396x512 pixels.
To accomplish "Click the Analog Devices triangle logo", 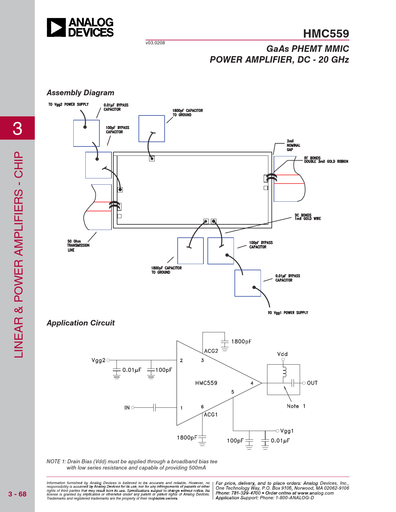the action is coord(56,27).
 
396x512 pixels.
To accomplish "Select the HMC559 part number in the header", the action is coord(326,34).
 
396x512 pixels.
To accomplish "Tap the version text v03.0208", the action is coord(155,43).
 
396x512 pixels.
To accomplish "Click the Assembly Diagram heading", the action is coord(80,92).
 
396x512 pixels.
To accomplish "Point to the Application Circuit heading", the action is coord(81,323).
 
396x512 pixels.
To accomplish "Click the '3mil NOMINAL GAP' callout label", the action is coord(294,145).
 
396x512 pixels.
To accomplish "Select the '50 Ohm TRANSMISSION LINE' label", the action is coord(78,245).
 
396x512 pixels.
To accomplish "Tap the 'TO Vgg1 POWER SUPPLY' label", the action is coord(288,313).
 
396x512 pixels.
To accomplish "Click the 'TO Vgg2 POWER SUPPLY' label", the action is coord(68,104).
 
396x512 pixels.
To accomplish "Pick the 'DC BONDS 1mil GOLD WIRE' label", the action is coord(308,217).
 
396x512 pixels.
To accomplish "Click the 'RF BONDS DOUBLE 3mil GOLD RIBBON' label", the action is coord(326,160).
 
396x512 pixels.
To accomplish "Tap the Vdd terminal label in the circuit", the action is coord(282,354).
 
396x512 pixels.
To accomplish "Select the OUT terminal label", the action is coord(312,383).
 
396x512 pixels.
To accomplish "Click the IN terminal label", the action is coord(127,408).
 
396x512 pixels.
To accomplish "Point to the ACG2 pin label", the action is coord(211,351).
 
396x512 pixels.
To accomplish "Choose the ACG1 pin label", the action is coord(211,415).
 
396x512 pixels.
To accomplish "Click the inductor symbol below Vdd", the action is coord(284,372).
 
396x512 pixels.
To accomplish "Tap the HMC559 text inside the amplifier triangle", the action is coord(206,383).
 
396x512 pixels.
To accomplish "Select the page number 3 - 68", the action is coord(17,494).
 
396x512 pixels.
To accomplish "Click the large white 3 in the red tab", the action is coord(17,128).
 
